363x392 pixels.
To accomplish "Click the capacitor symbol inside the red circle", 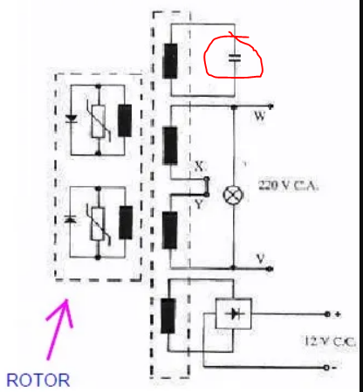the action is tap(235, 58).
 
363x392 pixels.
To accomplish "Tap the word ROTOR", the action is tap(38, 381).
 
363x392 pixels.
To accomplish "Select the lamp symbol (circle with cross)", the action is tap(233, 195).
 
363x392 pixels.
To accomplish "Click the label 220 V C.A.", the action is tap(288, 185).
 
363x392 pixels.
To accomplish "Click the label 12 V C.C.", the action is tap(329, 340).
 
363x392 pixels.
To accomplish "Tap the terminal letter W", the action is tap(260, 116).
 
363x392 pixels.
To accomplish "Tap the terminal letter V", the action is tap(261, 258).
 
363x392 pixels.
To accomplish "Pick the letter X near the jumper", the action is tap(199, 167).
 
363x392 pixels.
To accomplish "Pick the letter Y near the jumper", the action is tap(199, 204).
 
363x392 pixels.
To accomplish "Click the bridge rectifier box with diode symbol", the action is tap(233, 313).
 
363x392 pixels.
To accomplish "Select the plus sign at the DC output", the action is tap(338, 314).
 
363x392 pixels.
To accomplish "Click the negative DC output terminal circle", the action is tap(326, 368).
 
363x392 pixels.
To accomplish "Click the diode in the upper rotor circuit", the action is tap(72, 119).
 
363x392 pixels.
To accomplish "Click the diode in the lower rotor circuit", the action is tap(70, 219).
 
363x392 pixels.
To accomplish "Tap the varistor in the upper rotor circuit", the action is tap(99, 121).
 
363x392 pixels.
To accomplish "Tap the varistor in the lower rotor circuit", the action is tap(98, 224).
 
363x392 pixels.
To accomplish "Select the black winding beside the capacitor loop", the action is tap(170, 61).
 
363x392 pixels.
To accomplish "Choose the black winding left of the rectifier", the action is tap(168, 316).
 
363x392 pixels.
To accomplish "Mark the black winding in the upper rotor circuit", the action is tap(125, 120).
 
